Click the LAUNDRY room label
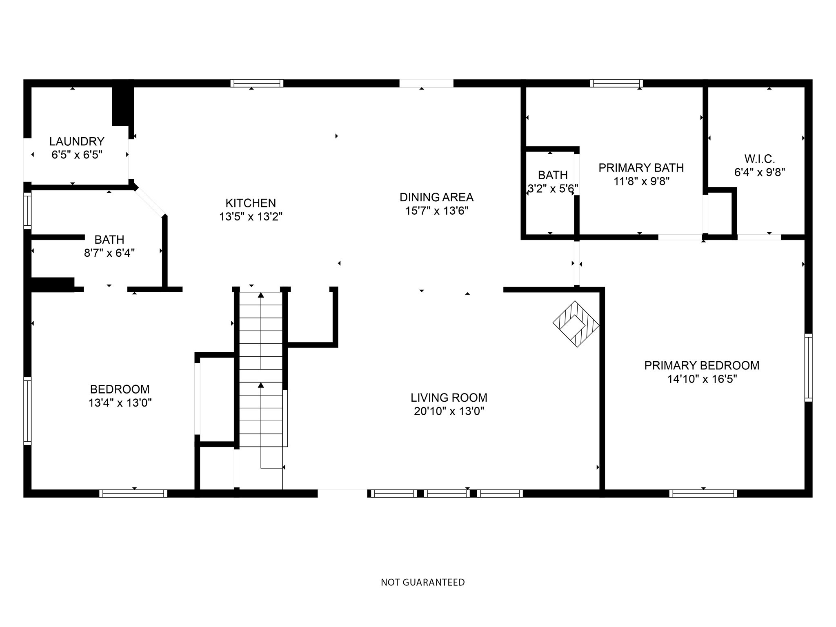(x=77, y=141)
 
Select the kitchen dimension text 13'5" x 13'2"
(x=251, y=216)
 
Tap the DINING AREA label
(x=436, y=197)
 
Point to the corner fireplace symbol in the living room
(x=576, y=324)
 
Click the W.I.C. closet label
(x=759, y=158)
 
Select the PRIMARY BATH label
(x=641, y=167)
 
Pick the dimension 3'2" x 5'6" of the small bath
(x=553, y=189)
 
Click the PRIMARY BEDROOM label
(x=702, y=365)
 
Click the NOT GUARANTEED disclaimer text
(x=422, y=582)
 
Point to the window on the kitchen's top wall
(x=257, y=83)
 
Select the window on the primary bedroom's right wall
(x=808, y=367)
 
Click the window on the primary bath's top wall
(x=616, y=83)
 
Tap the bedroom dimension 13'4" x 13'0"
(x=120, y=403)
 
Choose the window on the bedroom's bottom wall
(x=133, y=493)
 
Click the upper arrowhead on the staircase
(x=261, y=295)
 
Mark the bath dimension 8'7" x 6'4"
(x=109, y=253)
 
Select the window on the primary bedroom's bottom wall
(x=703, y=493)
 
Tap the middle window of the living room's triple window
(x=447, y=493)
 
